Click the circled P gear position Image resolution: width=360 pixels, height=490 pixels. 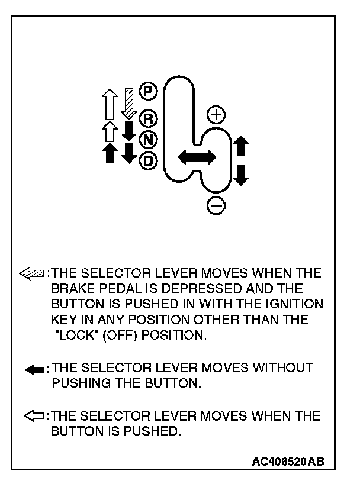[146, 91]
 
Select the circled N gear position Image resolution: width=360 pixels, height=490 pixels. [146, 139]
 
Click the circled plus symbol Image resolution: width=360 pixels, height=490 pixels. [216, 114]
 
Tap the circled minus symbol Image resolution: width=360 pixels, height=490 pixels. [216, 205]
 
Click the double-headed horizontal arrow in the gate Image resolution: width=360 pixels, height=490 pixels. [197, 156]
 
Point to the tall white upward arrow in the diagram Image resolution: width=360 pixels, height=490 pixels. [108, 103]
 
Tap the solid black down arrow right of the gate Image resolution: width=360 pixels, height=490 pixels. [242, 175]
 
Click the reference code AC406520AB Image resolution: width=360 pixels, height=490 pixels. [288, 460]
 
